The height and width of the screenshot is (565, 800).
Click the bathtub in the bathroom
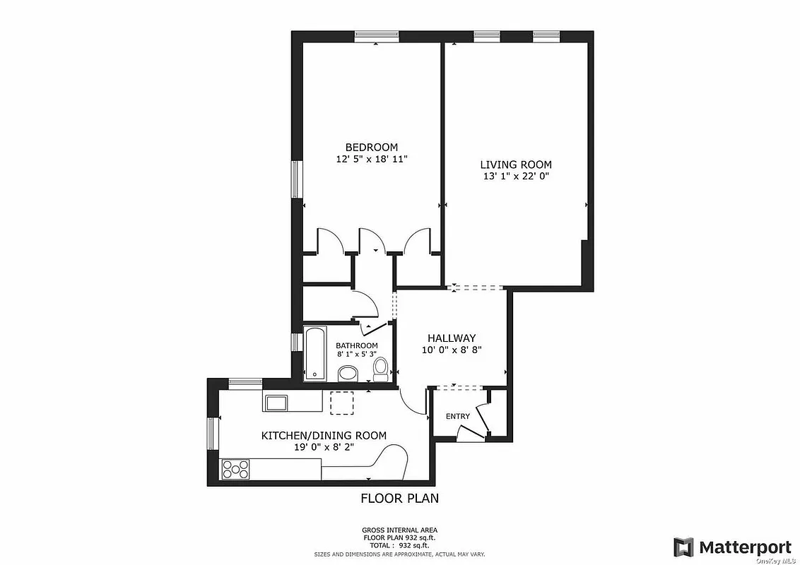click(316, 353)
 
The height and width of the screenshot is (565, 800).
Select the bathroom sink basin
click(348, 373)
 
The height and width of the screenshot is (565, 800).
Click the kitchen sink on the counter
click(275, 403)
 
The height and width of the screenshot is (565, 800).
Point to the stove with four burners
click(236, 468)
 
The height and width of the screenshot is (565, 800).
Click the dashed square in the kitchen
click(341, 403)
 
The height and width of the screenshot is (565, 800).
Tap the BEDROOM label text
click(372, 147)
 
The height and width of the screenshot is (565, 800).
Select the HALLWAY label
click(451, 338)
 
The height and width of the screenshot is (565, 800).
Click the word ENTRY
click(457, 416)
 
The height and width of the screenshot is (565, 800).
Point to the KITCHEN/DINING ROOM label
click(324, 436)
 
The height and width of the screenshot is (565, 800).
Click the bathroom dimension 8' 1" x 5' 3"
click(356, 354)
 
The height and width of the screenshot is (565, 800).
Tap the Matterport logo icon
click(683, 547)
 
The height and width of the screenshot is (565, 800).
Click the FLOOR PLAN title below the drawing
click(399, 498)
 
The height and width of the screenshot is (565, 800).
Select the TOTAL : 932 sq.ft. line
click(399, 546)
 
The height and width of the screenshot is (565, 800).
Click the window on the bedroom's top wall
click(375, 36)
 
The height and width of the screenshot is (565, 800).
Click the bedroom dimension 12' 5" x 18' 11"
click(372, 160)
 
